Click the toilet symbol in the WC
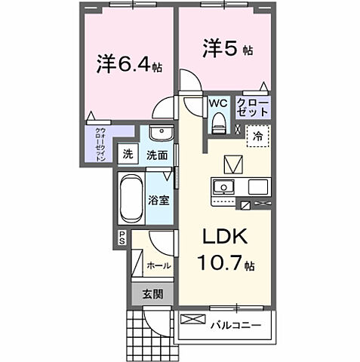(x=219, y=122)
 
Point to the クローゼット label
(x=251, y=107)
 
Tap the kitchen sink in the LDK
(x=223, y=187)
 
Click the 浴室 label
(x=158, y=201)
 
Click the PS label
(x=121, y=239)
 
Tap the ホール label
(x=158, y=265)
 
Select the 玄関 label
(x=153, y=295)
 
